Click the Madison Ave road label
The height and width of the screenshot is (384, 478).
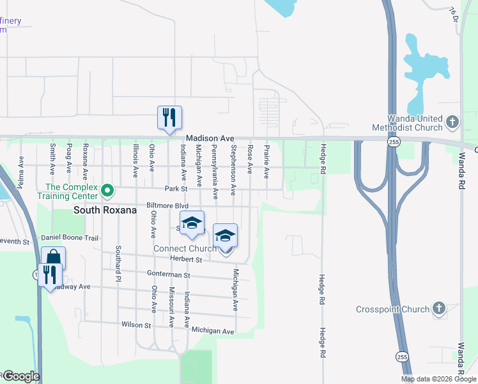[210, 138]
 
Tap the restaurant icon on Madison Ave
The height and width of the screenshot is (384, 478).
[169, 117]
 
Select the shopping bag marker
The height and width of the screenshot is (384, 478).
[54, 258]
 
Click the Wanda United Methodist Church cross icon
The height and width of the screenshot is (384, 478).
[452, 122]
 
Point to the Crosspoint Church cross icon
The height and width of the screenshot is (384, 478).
[438, 309]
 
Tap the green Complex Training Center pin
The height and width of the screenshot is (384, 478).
[108, 191]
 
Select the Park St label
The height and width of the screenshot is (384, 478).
[174, 189]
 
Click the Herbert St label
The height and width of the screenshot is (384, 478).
[186, 259]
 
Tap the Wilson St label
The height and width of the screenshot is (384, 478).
[135, 325]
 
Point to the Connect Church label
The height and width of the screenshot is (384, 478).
[185, 248]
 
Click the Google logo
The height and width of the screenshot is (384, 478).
[20, 376]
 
